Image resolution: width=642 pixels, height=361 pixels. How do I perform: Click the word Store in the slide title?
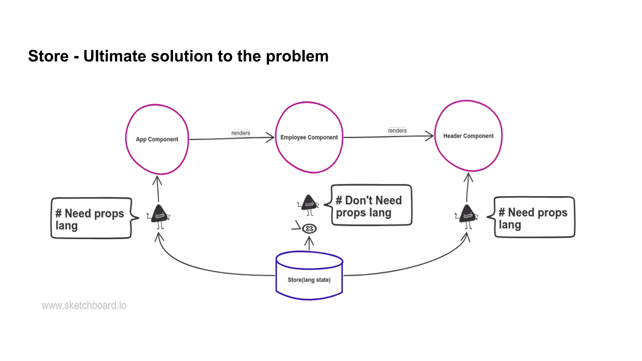click(x=48, y=56)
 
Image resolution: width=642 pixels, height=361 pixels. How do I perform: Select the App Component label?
click(x=157, y=139)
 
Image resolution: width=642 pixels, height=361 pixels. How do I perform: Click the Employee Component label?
click(x=309, y=138)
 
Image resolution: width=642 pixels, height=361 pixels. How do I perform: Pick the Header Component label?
click(x=468, y=136)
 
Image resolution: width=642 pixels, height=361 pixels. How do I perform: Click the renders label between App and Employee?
click(x=240, y=133)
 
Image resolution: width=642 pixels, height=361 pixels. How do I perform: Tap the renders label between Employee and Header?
click(x=397, y=131)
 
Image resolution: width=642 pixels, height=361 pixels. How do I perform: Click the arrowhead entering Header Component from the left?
click(x=430, y=136)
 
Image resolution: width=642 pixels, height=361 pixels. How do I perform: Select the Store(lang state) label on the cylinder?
click(x=309, y=280)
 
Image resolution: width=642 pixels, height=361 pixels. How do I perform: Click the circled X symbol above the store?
click(x=309, y=228)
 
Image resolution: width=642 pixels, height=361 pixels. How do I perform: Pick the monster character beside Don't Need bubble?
click(x=309, y=204)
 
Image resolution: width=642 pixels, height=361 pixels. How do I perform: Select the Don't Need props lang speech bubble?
click(x=371, y=205)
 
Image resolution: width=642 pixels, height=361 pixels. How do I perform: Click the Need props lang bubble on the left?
click(x=91, y=218)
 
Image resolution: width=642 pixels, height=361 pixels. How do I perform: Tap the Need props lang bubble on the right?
click(x=534, y=217)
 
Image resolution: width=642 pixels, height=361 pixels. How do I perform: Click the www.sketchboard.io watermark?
click(x=84, y=305)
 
